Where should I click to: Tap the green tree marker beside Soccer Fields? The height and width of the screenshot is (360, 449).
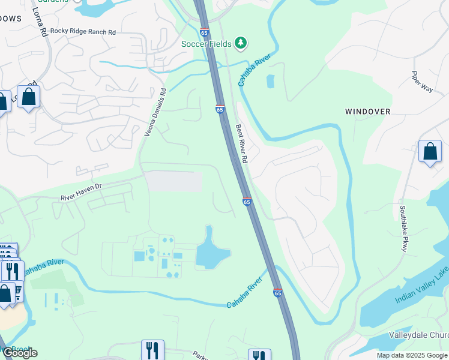pos(241,43)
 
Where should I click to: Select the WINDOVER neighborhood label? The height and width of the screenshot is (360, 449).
pos(367,112)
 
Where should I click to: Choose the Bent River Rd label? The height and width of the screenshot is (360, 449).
pos(241,144)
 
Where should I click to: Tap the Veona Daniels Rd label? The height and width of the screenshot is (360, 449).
pos(154,112)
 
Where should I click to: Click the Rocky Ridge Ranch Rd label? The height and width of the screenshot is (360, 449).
pos(83,31)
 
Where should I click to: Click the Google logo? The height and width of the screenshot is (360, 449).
pos(20,353)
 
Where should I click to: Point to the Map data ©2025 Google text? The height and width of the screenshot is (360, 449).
pos(411,355)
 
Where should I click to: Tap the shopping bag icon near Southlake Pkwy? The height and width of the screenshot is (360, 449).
pos(430,152)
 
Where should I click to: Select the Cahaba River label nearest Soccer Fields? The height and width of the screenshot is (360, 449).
pos(254,70)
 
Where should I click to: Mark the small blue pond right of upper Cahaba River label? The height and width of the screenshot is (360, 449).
pos(270,81)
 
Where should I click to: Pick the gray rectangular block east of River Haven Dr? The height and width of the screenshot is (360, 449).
pos(175,181)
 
